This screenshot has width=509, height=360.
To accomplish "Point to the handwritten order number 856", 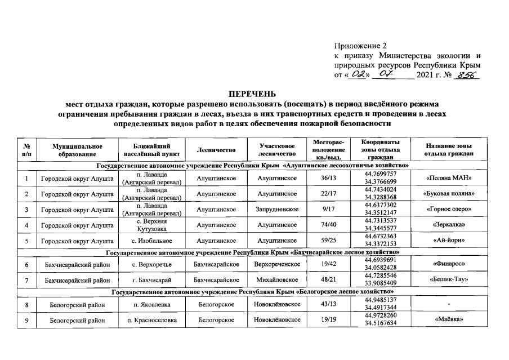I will click(467, 75).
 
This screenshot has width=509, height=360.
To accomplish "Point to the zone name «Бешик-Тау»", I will click(449, 279).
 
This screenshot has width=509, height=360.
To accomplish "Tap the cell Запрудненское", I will click(277, 210).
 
